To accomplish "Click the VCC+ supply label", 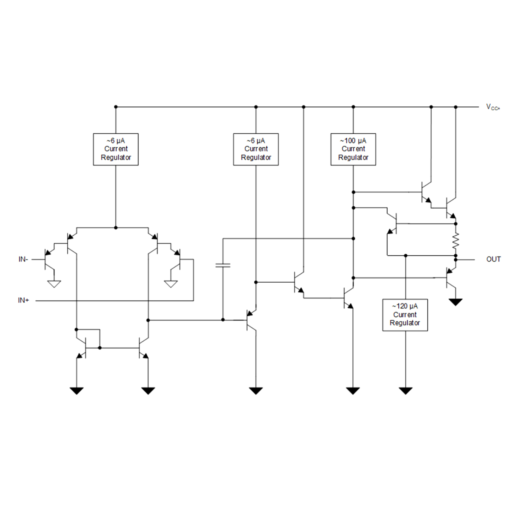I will pos(493,107).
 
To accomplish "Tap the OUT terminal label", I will pos(493,259).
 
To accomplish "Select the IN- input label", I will pos(23,259).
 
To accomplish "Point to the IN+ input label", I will pos(23,300).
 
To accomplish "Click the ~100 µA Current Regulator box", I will pos(353,149).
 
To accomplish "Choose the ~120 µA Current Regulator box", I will pos(405,315).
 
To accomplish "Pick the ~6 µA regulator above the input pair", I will pos(116,149).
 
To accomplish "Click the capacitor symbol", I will pos(223,265).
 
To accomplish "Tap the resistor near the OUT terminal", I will pos(456,240).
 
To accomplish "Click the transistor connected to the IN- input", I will pos(48,259).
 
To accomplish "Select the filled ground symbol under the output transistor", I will pos(456,302).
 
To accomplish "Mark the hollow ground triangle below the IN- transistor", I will pos(54,284).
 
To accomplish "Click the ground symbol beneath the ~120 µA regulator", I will pos(405,391).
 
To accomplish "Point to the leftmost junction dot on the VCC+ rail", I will pos(116,107).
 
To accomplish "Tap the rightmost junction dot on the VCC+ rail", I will pos(456,107).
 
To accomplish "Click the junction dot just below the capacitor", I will pos(223,320).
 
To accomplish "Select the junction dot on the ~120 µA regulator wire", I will pos(405,256).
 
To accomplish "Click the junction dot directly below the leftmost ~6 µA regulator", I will pos(116,228).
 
